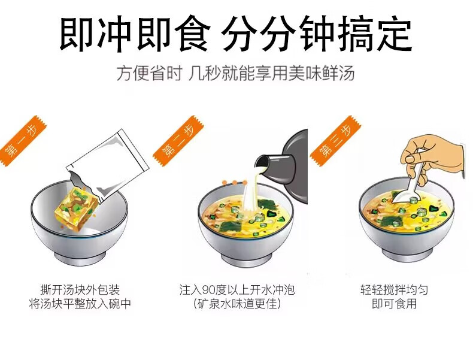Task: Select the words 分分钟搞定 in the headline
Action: (317, 34)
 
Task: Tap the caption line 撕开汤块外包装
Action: (80, 290)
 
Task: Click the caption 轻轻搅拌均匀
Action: (394, 290)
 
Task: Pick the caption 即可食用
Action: (394, 304)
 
